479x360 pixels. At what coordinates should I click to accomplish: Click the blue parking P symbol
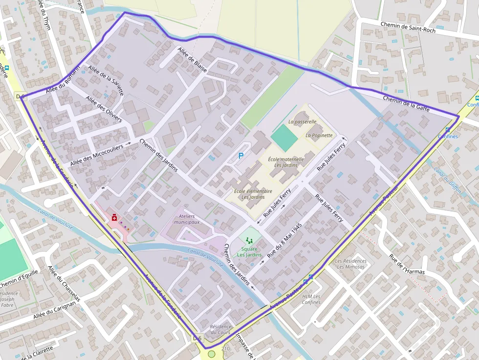pos(240,156)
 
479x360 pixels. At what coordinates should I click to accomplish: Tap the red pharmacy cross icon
pos(114,218)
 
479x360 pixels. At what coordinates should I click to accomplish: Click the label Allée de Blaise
pos(193,60)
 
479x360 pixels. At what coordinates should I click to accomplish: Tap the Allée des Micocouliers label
pos(97,154)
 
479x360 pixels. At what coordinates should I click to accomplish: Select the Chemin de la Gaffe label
pos(406,104)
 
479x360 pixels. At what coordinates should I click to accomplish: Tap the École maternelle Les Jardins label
pos(286,162)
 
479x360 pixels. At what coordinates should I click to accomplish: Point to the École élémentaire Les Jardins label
pos(253,194)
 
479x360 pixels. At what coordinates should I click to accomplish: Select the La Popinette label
pos(319,135)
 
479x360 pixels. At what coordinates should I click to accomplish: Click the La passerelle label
pos(302,121)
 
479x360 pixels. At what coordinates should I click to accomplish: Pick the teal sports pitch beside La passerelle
pos(284,138)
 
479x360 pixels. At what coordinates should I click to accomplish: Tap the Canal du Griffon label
pos(447,180)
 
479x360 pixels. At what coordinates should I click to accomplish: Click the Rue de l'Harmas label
pos(407,264)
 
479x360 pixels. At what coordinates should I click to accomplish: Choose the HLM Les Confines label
pos(311,299)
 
